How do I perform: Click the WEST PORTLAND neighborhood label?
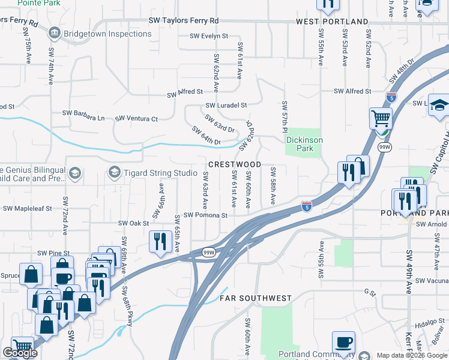pyautogui.click(x=332, y=22)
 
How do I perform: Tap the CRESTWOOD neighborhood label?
pyautogui.click(x=235, y=164)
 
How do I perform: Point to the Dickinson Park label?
pyautogui.click(x=304, y=144)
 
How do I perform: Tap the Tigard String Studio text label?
pyautogui.click(x=152, y=173)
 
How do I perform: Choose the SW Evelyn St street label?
pyautogui.click(x=209, y=36)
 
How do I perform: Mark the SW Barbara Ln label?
pyautogui.click(x=83, y=113)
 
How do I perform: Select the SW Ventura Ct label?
pyautogui.click(x=136, y=119)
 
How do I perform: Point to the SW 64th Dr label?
pyautogui.click(x=207, y=136)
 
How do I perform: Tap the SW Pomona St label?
pyautogui.click(x=205, y=215)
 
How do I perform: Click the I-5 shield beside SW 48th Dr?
pyautogui.click(x=391, y=97)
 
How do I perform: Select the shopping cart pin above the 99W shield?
pyautogui.click(x=381, y=119)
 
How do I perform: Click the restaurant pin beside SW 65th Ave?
pyautogui.click(x=159, y=242)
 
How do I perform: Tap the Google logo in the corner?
pyautogui.click(x=20, y=353)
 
